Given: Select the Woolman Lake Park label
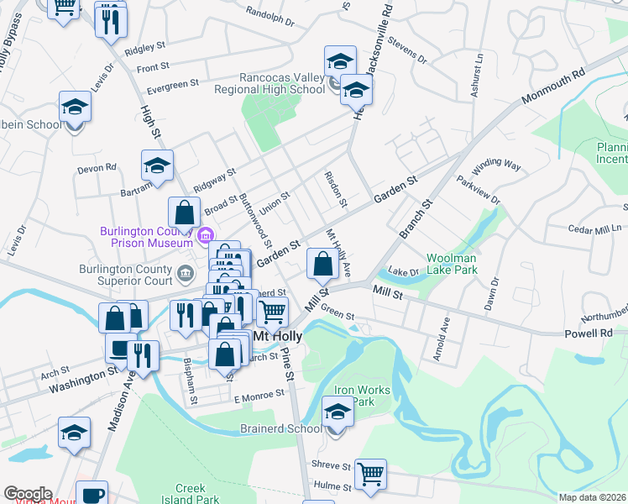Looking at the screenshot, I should pyautogui.click(x=452, y=264).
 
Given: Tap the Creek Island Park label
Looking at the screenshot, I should pyautogui.click(x=196, y=493).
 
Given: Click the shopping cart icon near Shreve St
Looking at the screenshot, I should pyautogui.click(x=370, y=473).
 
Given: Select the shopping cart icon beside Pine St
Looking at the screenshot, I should pyautogui.click(x=272, y=312).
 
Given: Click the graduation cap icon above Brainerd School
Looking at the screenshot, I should pyautogui.click(x=338, y=412).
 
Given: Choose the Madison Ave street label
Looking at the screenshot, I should pyautogui.click(x=120, y=403).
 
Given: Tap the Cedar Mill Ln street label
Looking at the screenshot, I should pyautogui.click(x=594, y=228).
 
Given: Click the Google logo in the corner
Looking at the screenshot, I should pyautogui.click(x=27, y=494).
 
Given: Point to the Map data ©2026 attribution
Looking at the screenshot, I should pyautogui.click(x=591, y=497).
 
